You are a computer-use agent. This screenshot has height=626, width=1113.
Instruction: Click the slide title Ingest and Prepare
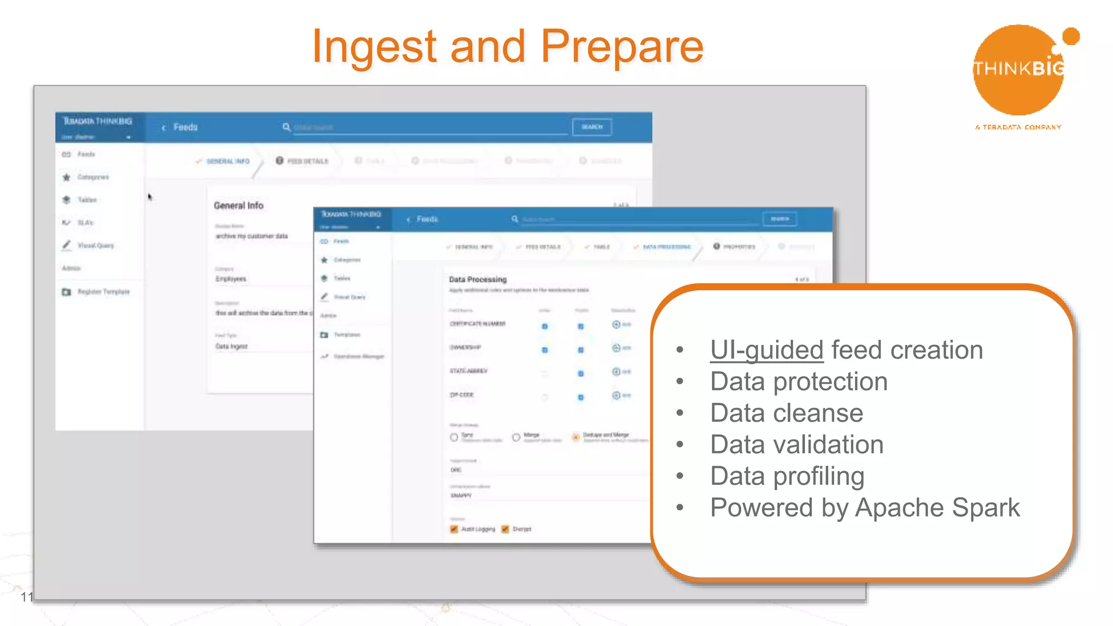(508, 47)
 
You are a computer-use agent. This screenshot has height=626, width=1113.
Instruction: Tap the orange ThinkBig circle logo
(1017, 71)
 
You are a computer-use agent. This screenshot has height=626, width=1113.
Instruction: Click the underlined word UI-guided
(766, 350)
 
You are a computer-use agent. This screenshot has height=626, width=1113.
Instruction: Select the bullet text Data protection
(798, 381)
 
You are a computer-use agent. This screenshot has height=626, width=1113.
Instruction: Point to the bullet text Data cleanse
(786, 413)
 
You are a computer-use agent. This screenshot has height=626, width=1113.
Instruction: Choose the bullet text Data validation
(797, 445)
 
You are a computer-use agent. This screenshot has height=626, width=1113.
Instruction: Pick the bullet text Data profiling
(787, 476)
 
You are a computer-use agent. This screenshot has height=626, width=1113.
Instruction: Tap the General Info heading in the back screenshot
(239, 205)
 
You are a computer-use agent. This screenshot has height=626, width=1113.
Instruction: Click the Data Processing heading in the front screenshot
(478, 279)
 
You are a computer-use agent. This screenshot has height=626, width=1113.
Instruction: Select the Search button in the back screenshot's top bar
(592, 127)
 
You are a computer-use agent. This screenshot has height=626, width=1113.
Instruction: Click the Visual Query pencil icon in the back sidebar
(66, 245)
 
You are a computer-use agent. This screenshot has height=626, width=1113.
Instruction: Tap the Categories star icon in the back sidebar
(66, 177)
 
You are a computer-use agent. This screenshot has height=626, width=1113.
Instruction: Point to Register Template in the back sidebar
(103, 292)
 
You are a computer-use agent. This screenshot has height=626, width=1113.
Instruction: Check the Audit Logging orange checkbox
(454, 529)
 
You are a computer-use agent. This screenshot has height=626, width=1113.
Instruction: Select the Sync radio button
(454, 437)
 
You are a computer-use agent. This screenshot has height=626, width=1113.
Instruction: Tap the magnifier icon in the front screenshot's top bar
(514, 219)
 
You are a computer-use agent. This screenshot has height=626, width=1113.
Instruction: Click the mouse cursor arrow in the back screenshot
(150, 197)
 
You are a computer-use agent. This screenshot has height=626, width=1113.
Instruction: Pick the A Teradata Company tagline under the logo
(1018, 127)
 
